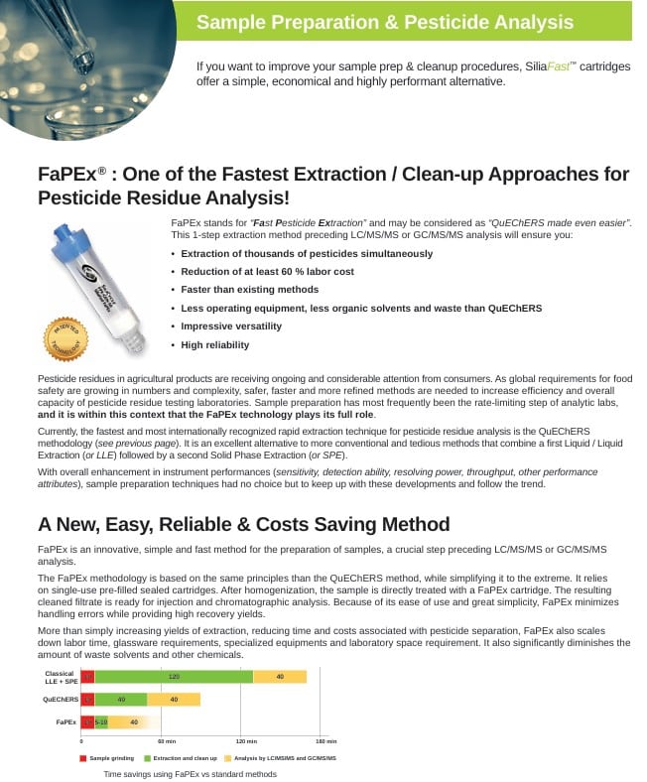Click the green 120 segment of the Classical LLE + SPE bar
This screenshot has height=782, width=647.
coord(174,677)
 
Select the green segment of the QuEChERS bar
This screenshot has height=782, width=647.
coord(121,700)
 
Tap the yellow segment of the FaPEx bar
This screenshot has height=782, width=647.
coord(135,721)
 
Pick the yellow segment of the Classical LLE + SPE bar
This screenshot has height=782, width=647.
coord(280,677)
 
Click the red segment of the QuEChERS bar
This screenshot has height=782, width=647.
coord(87,700)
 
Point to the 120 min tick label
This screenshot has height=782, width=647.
coord(245,741)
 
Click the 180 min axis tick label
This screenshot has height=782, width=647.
coord(325,741)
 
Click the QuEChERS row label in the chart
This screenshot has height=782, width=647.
coord(62,700)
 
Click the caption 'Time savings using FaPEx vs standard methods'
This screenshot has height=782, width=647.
coord(191,774)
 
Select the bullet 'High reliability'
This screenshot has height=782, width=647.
coord(214,345)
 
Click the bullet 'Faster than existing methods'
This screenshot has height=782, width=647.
coord(249,290)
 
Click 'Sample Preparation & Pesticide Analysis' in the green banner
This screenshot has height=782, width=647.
coord(385,22)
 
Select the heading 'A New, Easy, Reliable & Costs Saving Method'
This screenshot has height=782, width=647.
coord(244,524)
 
